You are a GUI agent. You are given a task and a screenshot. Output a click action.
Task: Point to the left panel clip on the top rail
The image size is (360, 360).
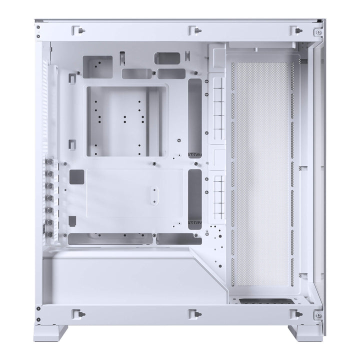pos(77,30)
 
